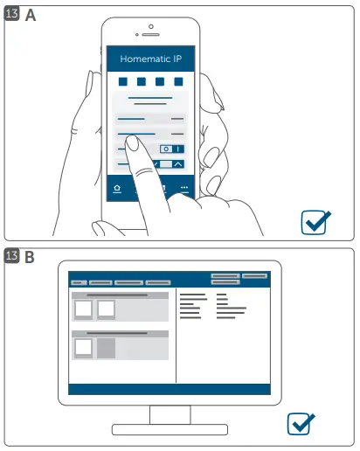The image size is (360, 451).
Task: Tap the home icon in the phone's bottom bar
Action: click(117, 189)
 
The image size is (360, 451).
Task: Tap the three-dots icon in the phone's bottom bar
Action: click(184, 189)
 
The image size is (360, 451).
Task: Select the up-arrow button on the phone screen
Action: click(178, 163)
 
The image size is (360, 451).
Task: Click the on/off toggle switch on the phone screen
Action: click(171, 149)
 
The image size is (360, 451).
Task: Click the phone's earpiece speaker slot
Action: click(151, 34)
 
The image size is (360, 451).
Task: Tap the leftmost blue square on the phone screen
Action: click(123, 81)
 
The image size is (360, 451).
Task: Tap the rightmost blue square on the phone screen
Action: click(178, 81)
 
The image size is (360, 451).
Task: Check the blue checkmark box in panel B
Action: click(301, 425)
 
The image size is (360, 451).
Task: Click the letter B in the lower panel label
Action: click(30, 258)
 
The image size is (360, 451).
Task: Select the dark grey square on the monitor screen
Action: click(106, 349)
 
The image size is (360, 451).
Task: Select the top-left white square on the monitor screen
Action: click(83, 309)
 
